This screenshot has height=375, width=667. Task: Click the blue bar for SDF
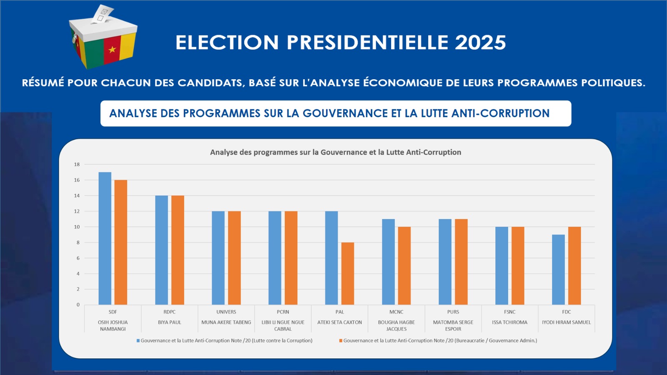pyautogui.click(x=105, y=238)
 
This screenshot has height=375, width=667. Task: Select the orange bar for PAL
pyautogui.click(x=348, y=274)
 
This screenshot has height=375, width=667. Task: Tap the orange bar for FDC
pyautogui.click(x=574, y=266)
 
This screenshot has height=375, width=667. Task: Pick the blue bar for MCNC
pyautogui.click(x=388, y=262)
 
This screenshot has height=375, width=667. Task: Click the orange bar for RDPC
pyautogui.click(x=178, y=250)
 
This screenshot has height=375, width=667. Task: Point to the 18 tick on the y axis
pyautogui.click(x=77, y=164)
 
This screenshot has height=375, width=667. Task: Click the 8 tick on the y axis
pyautogui.click(x=78, y=242)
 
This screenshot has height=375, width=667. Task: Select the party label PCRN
pyautogui.click(x=283, y=312)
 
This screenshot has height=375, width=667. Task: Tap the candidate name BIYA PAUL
pyautogui.click(x=170, y=322)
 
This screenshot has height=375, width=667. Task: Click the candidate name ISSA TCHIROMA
pyautogui.click(x=509, y=322)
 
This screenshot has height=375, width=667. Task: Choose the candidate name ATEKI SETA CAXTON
pyautogui.click(x=339, y=322)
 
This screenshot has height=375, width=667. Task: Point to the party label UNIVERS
pyautogui.click(x=226, y=312)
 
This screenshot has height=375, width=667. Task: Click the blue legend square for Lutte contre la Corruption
pyautogui.click(x=138, y=341)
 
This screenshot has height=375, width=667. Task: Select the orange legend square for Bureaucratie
pyautogui.click(x=341, y=341)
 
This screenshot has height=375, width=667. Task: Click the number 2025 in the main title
pyautogui.click(x=480, y=43)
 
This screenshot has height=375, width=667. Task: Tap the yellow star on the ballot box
pyautogui.click(x=112, y=50)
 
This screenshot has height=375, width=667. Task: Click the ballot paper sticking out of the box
pyautogui.click(x=103, y=13)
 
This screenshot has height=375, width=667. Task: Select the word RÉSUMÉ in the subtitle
pyautogui.click(x=43, y=83)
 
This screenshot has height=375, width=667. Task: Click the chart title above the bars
pyautogui.click(x=336, y=152)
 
